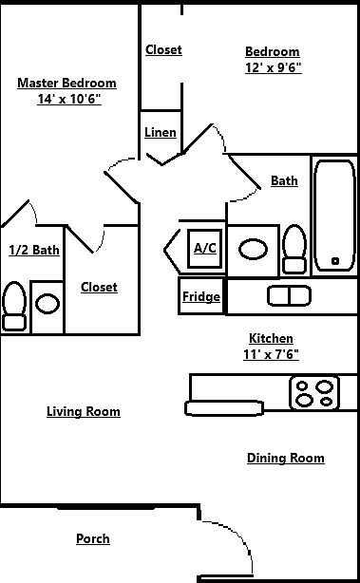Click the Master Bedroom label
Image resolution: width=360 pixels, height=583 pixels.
coord(66,83)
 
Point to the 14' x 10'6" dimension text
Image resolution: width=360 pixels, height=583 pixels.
coord(68,99)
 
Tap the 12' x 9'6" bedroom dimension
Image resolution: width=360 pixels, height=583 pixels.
coord(272,67)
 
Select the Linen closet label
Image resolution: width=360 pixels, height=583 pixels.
coord(160,132)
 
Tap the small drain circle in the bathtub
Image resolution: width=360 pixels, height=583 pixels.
coord(334,260)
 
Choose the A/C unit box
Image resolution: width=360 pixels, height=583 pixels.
coord(205,248)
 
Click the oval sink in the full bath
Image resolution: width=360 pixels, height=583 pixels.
coord(253,250)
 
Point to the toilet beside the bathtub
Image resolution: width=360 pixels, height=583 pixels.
coord(294,249)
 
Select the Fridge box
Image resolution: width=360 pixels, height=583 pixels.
coord(201,296)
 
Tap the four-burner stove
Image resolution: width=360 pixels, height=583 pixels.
coord(314,392)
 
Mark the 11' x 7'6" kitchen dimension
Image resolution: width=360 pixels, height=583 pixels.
coord(271,354)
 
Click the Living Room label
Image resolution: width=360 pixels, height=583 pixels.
coord(84,411)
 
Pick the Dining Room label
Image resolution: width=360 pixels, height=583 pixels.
coord(286,458)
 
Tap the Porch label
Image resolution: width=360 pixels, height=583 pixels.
coord(92,538)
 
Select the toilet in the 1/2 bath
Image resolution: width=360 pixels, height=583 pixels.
coord(14,305)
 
